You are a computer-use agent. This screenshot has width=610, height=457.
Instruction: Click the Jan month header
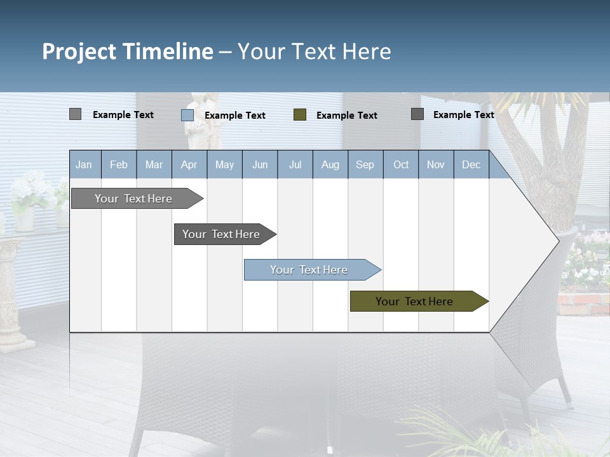click(84, 164)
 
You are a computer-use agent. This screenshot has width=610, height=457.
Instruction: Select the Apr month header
click(189, 164)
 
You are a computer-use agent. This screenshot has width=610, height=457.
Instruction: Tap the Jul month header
click(295, 164)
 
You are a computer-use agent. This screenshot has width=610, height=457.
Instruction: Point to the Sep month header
click(365, 164)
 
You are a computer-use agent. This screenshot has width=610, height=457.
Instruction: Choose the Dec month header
click(471, 164)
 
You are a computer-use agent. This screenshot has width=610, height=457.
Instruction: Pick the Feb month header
click(119, 164)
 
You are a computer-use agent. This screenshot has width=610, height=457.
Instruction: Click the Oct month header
click(401, 164)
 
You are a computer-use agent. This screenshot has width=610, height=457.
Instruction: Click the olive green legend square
click(300, 115)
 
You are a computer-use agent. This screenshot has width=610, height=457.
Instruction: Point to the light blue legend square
click(187, 115)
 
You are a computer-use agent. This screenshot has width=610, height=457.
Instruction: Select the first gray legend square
click(75, 114)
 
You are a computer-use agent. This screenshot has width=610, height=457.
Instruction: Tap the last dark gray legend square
click(417, 114)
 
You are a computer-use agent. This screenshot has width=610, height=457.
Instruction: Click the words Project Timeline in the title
click(127, 51)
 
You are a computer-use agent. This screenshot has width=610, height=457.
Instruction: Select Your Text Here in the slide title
click(315, 51)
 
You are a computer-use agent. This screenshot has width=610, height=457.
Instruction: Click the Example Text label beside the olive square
click(346, 116)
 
